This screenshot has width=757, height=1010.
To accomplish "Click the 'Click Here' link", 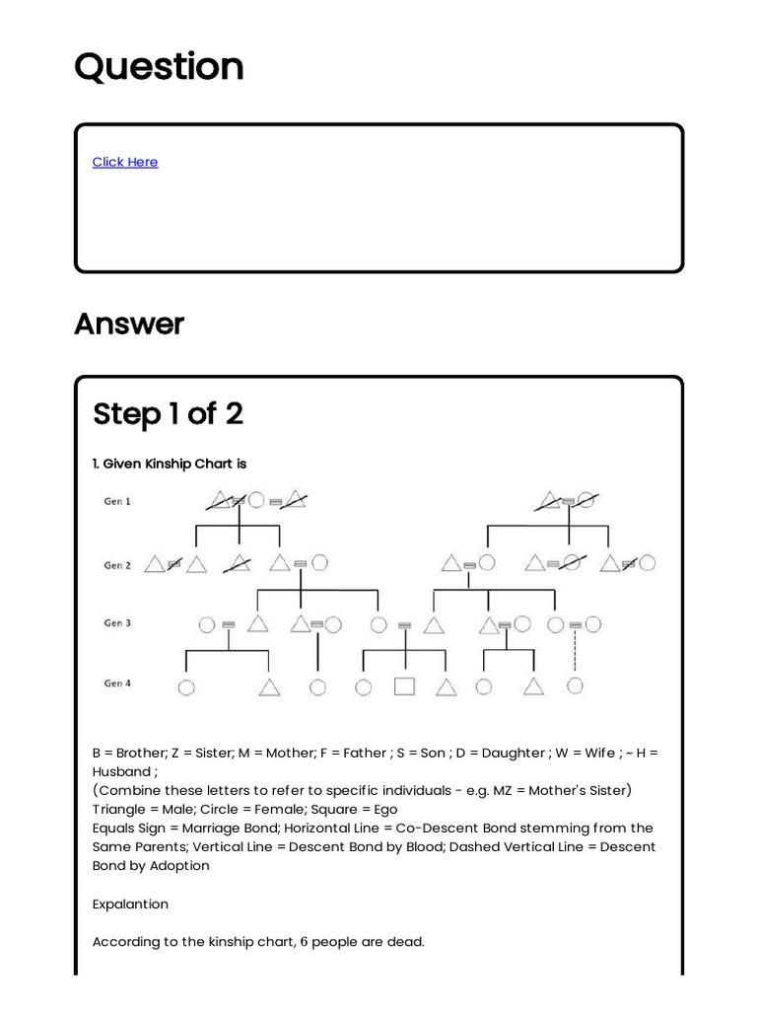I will click(x=125, y=162).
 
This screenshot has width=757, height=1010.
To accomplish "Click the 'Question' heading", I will click(x=159, y=67).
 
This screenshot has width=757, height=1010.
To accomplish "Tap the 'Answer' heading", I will click(x=129, y=324).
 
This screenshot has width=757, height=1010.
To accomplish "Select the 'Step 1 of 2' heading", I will click(x=168, y=414).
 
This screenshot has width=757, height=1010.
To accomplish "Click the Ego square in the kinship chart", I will click(x=404, y=686).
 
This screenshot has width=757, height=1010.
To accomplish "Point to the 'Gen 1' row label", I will click(x=117, y=501).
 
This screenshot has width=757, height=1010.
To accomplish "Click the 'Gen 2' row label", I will click(x=117, y=565).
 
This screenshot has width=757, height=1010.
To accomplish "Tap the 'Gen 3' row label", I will click(x=117, y=623).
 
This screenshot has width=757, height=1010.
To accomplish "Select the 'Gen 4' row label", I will click(x=117, y=684).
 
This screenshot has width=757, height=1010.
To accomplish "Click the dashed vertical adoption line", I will click(x=575, y=653).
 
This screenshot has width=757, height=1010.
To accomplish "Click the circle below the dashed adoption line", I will click(x=575, y=685).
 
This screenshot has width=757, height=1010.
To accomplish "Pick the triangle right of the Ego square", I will click(x=447, y=687).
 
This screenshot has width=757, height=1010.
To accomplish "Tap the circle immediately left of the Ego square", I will click(x=364, y=686).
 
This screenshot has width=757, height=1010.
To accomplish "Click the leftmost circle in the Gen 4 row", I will click(x=185, y=687).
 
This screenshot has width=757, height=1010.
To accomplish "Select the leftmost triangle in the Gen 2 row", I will click(x=154, y=564).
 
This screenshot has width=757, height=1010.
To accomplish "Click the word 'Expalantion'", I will click(x=130, y=903).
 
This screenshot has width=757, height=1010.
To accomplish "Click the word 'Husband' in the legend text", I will click(x=122, y=771).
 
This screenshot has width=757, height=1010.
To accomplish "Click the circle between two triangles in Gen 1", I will click(x=256, y=500).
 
